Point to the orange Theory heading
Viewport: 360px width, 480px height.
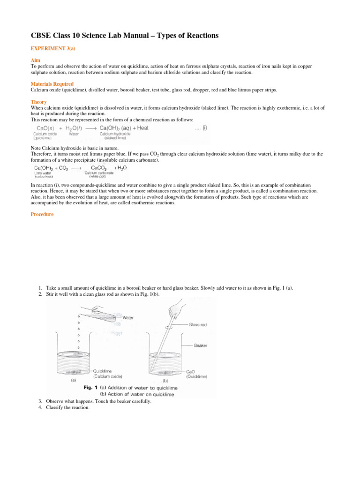click(x=39, y=102)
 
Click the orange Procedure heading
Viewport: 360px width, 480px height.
click(x=42, y=214)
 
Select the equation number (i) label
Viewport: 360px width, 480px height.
click(x=205, y=127)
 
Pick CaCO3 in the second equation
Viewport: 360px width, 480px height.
click(x=95, y=167)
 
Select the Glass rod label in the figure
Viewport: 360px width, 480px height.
click(x=198, y=324)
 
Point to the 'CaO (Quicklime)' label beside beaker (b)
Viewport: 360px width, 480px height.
click(x=196, y=373)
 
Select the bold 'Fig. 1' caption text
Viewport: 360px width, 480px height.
click(x=92, y=388)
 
